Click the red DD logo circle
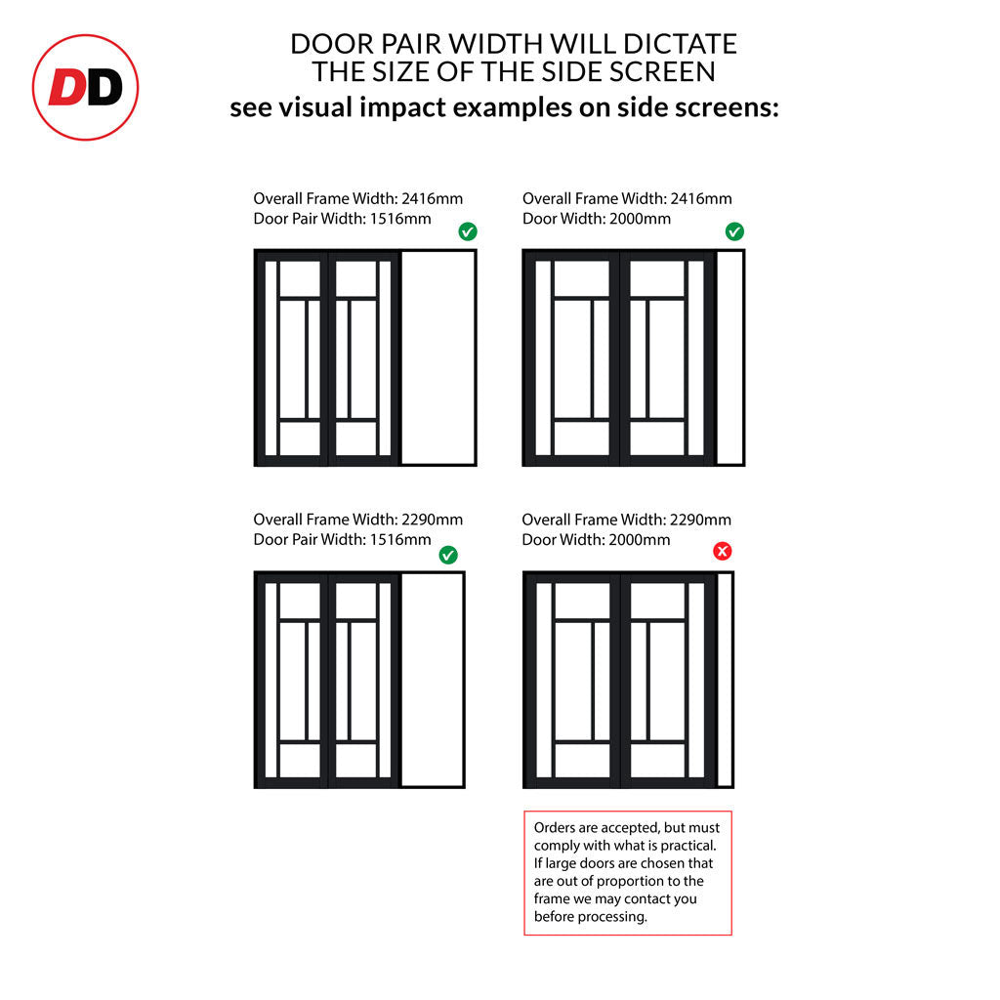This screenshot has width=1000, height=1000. [85, 88]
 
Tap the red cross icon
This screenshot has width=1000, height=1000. [722, 552]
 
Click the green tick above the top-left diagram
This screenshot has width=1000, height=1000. [468, 231]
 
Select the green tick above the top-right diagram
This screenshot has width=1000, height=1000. [734, 231]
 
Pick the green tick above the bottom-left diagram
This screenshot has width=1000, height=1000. [448, 555]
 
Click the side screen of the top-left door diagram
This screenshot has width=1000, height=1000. [438, 357]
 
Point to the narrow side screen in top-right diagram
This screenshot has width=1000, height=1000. [729, 357]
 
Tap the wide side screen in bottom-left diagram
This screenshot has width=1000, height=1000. [432, 680]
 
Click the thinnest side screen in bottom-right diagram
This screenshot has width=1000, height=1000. [725, 680]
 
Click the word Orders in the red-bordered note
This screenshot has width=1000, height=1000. [555, 828]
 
